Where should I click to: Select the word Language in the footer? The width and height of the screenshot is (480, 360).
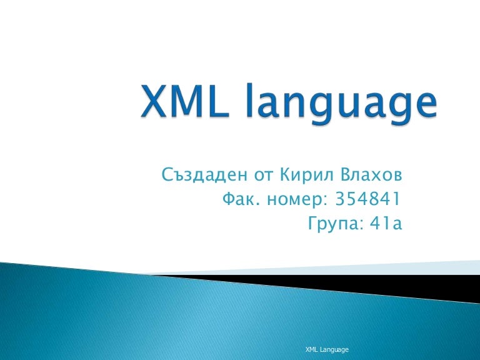(x=335, y=349)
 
